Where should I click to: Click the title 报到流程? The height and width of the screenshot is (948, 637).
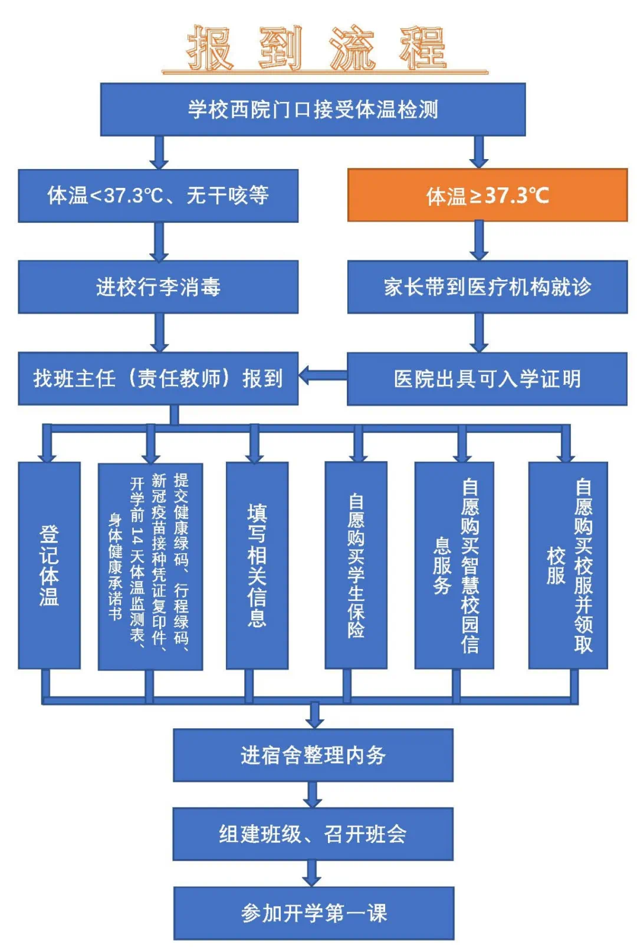click(317, 48)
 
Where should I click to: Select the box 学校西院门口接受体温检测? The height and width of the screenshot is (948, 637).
click(313, 110)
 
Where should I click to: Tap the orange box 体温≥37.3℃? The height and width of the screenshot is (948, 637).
click(487, 195)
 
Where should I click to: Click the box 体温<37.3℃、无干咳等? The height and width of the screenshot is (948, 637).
click(158, 196)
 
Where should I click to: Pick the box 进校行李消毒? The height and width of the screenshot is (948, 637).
click(158, 287)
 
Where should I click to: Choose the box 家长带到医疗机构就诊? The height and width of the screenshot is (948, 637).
click(487, 287)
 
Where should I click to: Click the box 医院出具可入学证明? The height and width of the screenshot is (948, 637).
click(487, 379)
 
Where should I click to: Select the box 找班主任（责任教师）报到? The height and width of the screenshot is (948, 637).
click(158, 378)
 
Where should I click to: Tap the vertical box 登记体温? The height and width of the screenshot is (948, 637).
click(49, 565)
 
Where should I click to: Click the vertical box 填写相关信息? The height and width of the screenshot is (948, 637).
click(257, 565)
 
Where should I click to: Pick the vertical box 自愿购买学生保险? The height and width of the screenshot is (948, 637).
click(356, 565)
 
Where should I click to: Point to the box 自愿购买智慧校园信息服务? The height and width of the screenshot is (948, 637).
click(454, 565)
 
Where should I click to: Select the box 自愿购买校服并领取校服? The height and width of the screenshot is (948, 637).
click(568, 565)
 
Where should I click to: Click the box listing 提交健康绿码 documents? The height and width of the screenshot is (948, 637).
click(150, 566)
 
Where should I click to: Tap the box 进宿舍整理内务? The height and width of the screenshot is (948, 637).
click(313, 755)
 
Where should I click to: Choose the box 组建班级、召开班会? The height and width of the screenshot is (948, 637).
click(313, 834)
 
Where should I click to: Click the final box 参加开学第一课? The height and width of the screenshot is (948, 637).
click(313, 913)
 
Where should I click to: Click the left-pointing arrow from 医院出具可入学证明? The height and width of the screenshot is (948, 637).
click(323, 375)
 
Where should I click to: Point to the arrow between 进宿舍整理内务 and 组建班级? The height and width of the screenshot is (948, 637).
click(313, 794)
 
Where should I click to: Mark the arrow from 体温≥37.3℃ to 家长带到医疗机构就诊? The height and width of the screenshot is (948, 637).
click(479, 240)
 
